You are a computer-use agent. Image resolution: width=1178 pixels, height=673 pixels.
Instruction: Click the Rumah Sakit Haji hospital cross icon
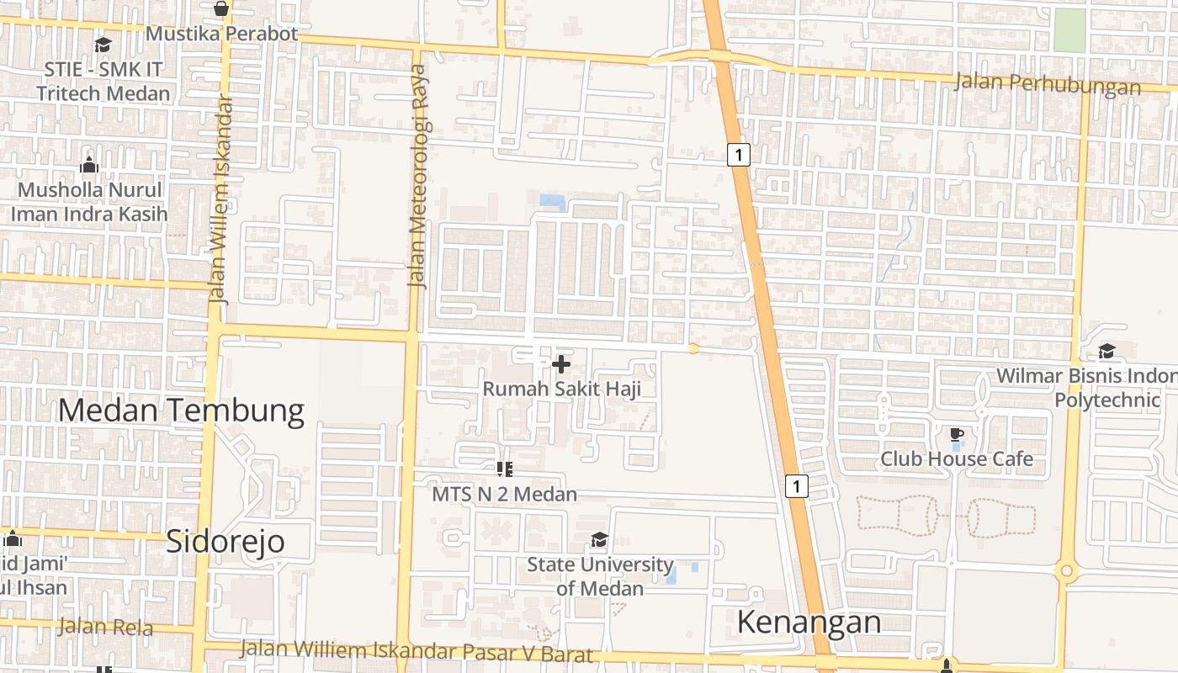tap(561, 364)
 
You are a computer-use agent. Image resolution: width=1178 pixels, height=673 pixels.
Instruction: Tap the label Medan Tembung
tap(181, 411)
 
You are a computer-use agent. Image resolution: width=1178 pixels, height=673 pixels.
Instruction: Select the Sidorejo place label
tap(226, 542)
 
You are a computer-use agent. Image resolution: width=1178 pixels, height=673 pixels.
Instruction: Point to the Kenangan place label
tap(809, 623)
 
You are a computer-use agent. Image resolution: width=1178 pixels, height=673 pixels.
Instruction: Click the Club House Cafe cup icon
tap(956, 435)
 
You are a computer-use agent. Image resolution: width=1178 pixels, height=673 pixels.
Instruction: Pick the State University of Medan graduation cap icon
tap(599, 539)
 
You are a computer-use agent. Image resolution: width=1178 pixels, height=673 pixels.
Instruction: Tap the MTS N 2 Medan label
tap(504, 494)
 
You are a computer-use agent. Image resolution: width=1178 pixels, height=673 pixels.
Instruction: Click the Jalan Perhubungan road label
tap(1048, 84)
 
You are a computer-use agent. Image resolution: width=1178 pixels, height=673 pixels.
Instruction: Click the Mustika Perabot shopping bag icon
tap(221, 9)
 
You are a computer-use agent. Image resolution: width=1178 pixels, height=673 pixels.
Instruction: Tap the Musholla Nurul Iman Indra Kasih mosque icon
tap(89, 165)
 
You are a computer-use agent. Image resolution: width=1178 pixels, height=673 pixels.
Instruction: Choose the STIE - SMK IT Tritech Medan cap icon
tap(103, 45)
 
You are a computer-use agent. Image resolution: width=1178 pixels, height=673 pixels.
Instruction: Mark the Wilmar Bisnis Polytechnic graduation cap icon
tap(1107, 351)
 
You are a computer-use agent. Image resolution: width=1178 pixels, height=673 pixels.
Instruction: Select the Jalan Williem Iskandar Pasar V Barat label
tap(417, 652)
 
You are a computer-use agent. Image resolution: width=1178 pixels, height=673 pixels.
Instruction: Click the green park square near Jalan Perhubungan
tap(1069, 30)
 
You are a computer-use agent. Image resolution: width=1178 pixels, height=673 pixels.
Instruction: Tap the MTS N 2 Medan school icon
tap(505, 469)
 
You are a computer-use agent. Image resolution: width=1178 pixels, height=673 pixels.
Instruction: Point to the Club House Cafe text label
tap(956, 458)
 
